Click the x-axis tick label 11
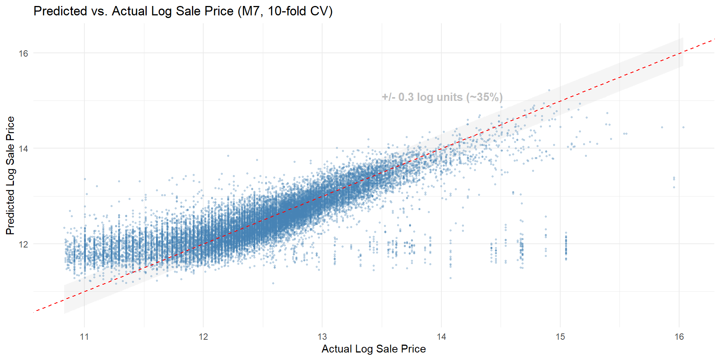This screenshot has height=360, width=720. (x=84, y=337)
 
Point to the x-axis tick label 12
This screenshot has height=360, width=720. (x=203, y=337)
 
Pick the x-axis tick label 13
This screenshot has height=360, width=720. (x=322, y=337)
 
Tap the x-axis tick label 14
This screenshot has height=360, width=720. (x=441, y=337)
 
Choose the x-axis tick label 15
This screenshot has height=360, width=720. (x=560, y=337)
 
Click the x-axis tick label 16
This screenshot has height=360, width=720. (x=679, y=337)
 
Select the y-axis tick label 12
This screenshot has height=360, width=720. (x=23, y=244)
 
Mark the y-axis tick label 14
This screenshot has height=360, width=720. (x=23, y=149)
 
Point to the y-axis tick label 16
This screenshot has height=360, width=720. (x=23, y=54)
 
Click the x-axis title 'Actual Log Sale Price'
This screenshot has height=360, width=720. (x=373, y=349)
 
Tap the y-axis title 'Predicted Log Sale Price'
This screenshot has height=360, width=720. (x=10, y=175)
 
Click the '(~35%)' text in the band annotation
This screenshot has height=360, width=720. (x=484, y=97)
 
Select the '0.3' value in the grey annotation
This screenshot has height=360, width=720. (x=406, y=97)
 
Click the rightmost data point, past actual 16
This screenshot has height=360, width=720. (x=683, y=127)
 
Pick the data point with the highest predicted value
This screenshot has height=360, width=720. (x=549, y=90)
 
